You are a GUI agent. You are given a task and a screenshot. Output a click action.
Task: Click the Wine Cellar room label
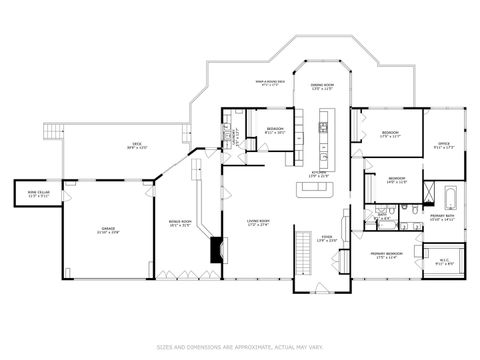37,195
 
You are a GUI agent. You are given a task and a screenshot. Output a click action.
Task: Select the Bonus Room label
181,223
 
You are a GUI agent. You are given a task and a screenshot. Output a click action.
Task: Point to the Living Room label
258,223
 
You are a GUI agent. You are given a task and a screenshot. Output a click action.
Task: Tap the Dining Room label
321,87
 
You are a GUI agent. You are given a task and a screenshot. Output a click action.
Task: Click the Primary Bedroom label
385,256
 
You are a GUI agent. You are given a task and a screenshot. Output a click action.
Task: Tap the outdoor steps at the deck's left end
53,133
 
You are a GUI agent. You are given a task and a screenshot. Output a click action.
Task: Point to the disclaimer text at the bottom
240,347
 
